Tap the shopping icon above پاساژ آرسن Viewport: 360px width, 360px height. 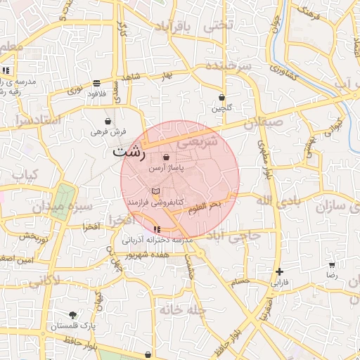pos(166,157)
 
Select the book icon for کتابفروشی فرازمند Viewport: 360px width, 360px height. pos(156,191)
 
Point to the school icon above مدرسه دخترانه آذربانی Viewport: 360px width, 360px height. pos(156,230)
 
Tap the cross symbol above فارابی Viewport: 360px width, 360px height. pos(280,271)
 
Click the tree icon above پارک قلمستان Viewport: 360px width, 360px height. pos(73,315)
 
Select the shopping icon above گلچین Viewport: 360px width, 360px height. pos(222,97)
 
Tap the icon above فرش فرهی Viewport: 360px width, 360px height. pos(108,121)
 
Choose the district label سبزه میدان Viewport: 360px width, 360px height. pos(58,207)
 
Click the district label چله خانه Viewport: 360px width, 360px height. pos(181,309)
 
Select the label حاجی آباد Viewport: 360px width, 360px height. pos(235,236)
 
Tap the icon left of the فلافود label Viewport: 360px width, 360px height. pos(96,83)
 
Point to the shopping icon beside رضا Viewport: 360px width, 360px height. pos(332,265)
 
